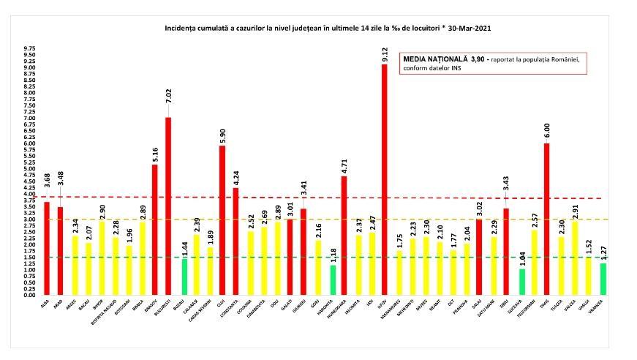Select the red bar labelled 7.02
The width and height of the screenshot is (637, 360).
click(x=168, y=206)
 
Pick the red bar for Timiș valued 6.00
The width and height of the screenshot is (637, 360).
click(x=546, y=219)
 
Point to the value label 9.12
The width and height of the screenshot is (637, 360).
click(x=385, y=53)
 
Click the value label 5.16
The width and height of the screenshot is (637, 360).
click(x=154, y=154)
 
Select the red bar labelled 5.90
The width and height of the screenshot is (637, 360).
click(x=222, y=220)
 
